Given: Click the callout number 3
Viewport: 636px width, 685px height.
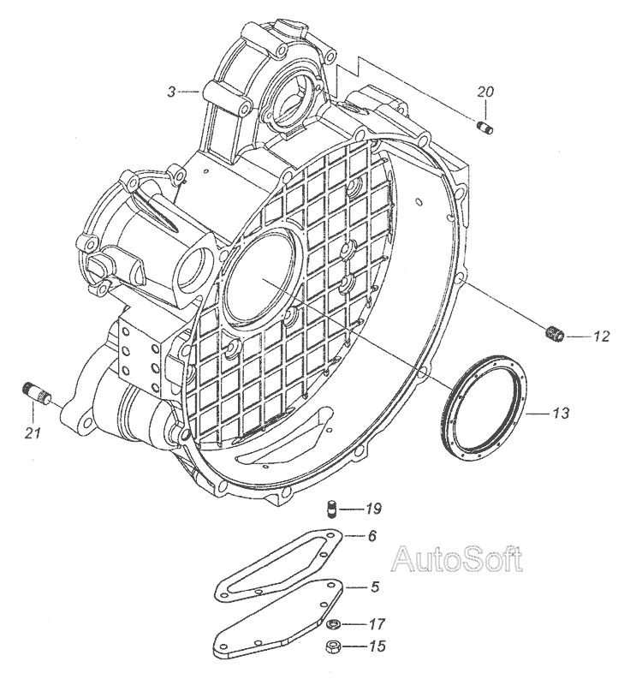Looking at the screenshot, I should coord(171,91).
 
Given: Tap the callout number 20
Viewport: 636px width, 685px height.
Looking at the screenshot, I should coord(485,92).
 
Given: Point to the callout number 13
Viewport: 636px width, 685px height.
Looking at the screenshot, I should coord(559,414).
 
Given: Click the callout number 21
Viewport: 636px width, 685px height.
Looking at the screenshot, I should coord(33,433).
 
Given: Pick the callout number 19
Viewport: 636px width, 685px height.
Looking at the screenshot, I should coord(372,510).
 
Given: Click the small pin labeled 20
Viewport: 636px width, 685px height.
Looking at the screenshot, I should coord(484,128).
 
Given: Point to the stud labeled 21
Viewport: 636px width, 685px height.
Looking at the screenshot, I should coord(39,396).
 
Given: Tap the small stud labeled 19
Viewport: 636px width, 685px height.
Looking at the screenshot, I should coord(331,512).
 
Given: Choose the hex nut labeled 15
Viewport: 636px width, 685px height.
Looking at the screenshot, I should coord(332,646).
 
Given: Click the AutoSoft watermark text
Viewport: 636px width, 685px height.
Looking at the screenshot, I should coord(456,560).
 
